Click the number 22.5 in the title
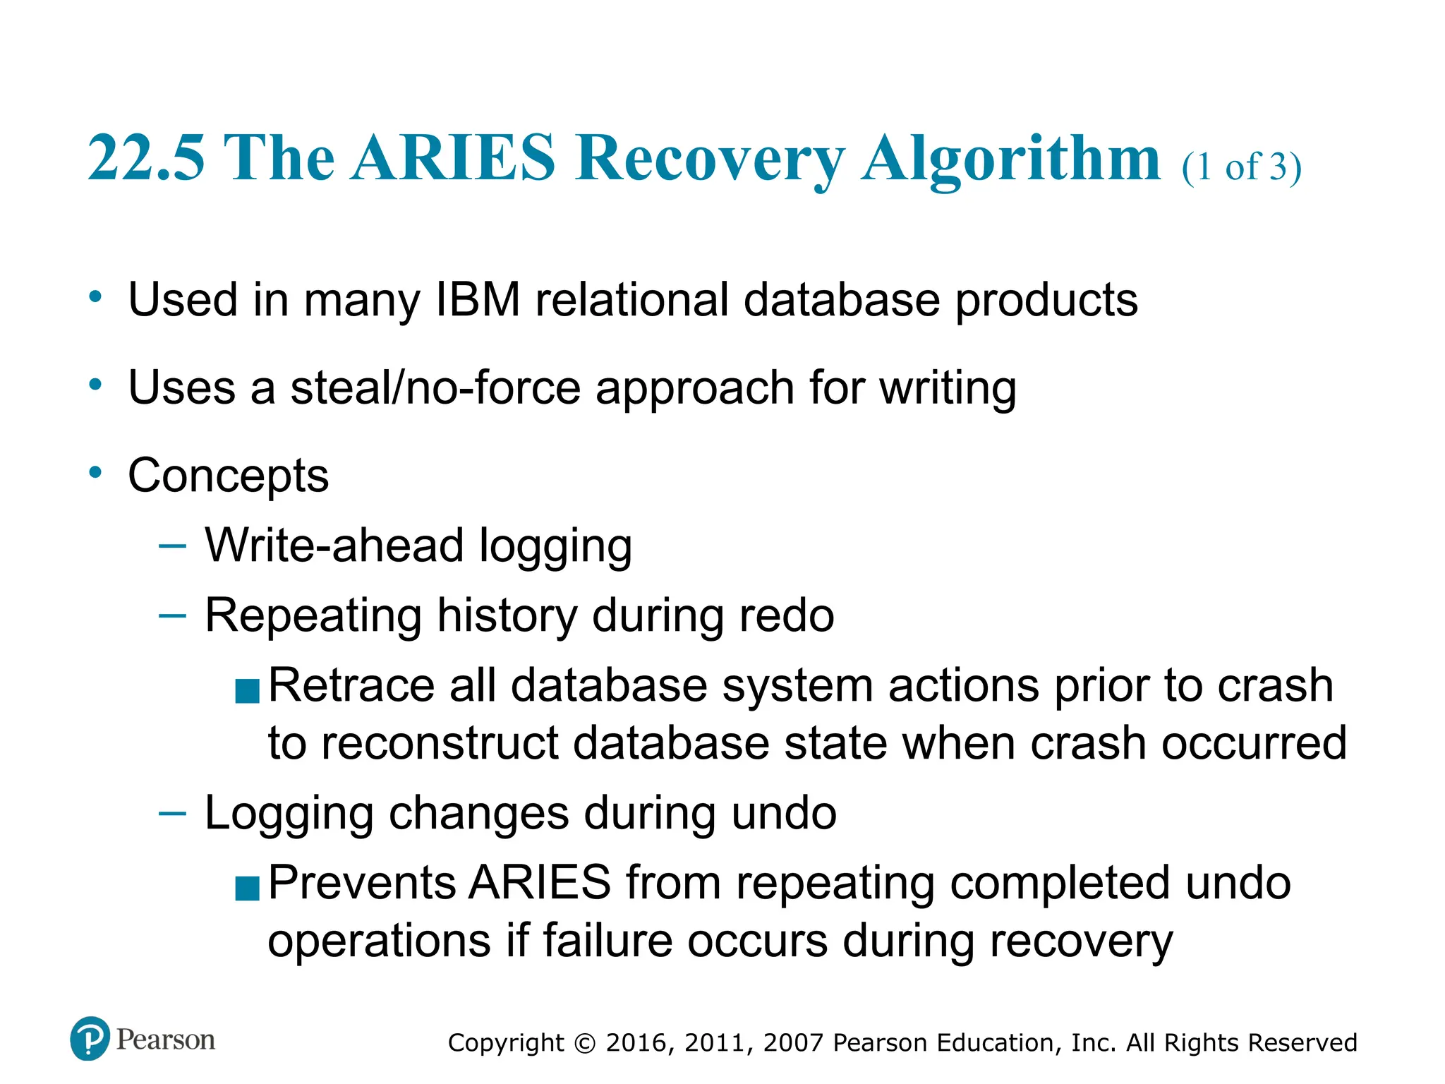[x=146, y=158]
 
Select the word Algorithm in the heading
[x=1010, y=158]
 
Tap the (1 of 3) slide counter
[x=1242, y=168]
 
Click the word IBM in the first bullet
[x=478, y=300]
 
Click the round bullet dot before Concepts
[x=95, y=471]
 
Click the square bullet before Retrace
[x=248, y=691]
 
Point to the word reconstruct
[x=440, y=743]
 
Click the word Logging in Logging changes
[x=289, y=814]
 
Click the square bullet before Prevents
[x=248, y=889]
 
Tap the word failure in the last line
[x=607, y=941]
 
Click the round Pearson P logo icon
[x=90, y=1039]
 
